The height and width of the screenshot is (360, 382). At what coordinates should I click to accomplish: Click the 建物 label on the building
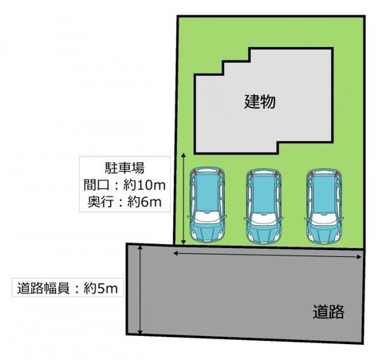coord(260,101)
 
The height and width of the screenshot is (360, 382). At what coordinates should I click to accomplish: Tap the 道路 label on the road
coord(329,311)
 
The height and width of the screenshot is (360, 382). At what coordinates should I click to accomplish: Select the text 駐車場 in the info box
coord(124,168)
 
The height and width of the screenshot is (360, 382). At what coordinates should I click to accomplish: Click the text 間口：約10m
coord(124,185)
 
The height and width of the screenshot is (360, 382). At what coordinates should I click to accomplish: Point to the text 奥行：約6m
coord(124,202)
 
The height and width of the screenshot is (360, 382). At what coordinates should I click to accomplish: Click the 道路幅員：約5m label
coord(67,288)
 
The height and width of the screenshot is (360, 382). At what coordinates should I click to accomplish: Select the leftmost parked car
coord(207,204)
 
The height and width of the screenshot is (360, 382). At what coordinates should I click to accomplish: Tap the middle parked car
coord(264,207)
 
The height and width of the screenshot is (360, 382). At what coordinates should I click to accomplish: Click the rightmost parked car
coord(324,206)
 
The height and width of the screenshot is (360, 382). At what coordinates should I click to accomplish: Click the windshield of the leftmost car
coord(207,218)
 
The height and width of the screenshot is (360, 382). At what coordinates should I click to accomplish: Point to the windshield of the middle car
coord(264,220)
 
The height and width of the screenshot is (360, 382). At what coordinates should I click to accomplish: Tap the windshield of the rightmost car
coord(324,219)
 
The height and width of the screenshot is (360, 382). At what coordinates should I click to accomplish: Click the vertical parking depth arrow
coord(183,199)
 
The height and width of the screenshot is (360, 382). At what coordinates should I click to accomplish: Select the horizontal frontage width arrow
coord(267,255)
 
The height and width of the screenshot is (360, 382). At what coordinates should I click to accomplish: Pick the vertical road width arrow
coord(140,290)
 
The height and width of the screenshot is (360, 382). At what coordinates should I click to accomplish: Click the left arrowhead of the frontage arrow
coord(175,253)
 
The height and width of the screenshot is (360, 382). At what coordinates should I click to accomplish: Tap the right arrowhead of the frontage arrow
coord(359,257)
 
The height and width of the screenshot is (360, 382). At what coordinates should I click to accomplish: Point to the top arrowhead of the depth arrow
coord(183,156)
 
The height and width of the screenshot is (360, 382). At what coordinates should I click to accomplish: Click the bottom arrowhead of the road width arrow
coord(140,332)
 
